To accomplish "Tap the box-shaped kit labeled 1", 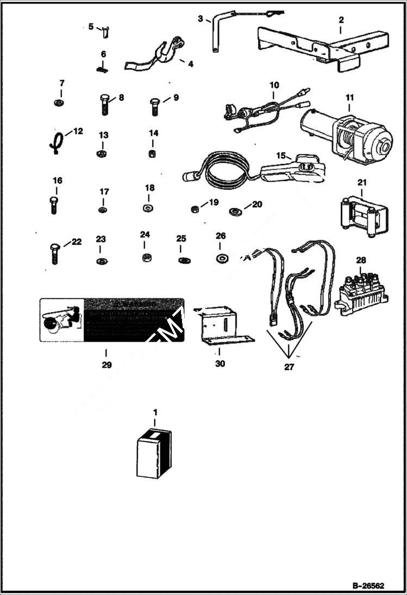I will (x=154, y=454).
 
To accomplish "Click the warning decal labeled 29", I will (x=111, y=320).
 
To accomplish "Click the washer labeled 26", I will (x=221, y=258).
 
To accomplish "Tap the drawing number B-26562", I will (x=367, y=586).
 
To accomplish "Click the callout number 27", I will (x=289, y=367).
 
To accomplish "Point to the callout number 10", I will (x=274, y=85).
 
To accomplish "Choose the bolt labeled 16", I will (x=53, y=205).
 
